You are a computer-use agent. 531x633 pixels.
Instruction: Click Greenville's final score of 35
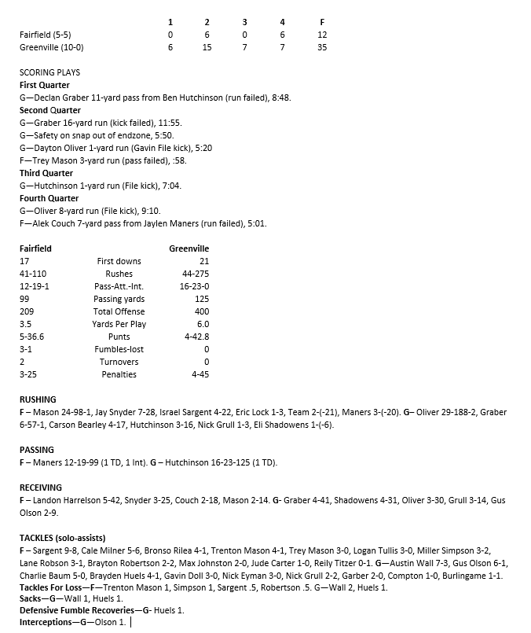[x=322, y=47]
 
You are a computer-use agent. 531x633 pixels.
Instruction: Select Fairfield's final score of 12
[x=322, y=35]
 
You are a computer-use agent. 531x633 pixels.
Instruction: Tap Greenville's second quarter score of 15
[x=207, y=47]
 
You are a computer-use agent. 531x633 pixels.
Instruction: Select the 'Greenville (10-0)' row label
[x=51, y=47]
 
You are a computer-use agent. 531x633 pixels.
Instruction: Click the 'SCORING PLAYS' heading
[x=49, y=72]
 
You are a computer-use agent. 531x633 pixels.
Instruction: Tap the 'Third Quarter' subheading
[x=46, y=173]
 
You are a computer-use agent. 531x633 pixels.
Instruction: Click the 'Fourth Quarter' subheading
[x=49, y=198]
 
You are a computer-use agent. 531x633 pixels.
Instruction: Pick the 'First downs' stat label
[x=119, y=261]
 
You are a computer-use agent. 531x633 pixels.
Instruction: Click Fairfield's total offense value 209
[x=27, y=311]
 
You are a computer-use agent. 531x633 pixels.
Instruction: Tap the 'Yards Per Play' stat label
[x=119, y=324]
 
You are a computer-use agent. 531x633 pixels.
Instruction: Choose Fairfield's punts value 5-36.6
[x=32, y=337]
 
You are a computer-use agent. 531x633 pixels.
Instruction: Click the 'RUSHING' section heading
[x=38, y=399]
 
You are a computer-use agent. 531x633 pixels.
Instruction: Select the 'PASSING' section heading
[x=36, y=450]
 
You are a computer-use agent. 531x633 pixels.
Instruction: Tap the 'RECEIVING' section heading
[x=41, y=488]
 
